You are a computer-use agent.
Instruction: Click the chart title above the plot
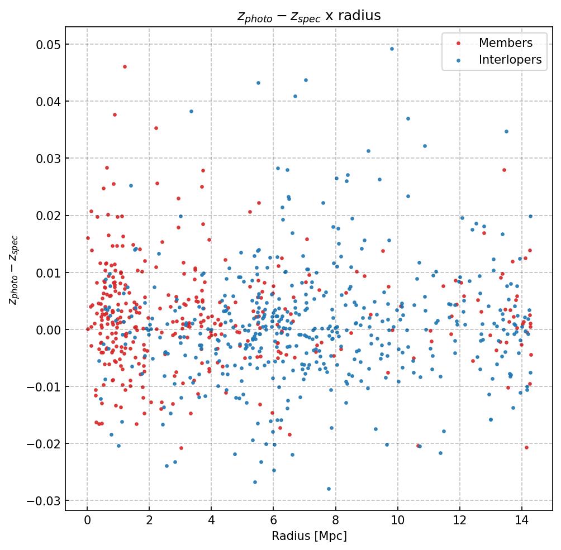(309, 16)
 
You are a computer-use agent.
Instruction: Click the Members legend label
(505, 43)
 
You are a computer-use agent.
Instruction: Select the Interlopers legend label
(510, 60)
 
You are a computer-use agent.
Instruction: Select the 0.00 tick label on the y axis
(48, 330)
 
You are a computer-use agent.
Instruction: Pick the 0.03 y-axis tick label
(48, 159)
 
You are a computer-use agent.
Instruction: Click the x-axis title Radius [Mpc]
(309, 536)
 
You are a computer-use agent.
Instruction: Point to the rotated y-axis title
(13, 269)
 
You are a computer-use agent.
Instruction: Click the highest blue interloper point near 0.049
(392, 49)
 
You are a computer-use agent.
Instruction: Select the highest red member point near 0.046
(125, 66)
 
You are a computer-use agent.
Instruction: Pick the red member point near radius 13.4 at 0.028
(504, 170)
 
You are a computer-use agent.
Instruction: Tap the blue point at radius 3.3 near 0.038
(191, 111)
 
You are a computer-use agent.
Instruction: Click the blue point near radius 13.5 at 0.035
(506, 131)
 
